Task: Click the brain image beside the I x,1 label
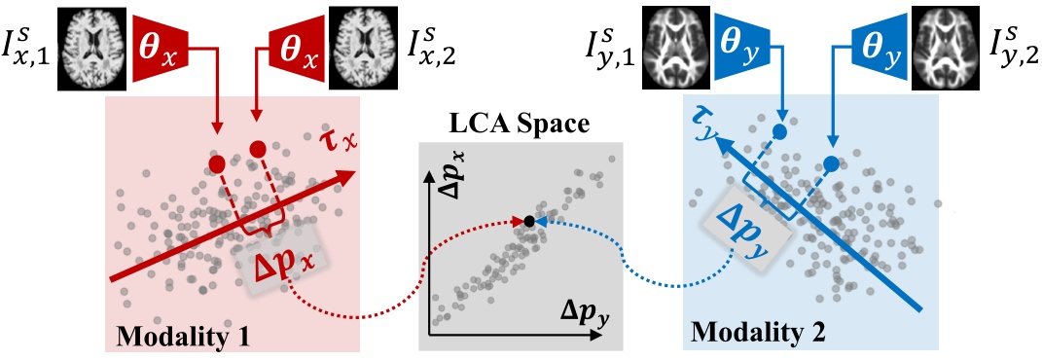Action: pos(90,36)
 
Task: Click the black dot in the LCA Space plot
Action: pos(526,223)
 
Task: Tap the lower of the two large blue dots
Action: pos(831,162)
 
